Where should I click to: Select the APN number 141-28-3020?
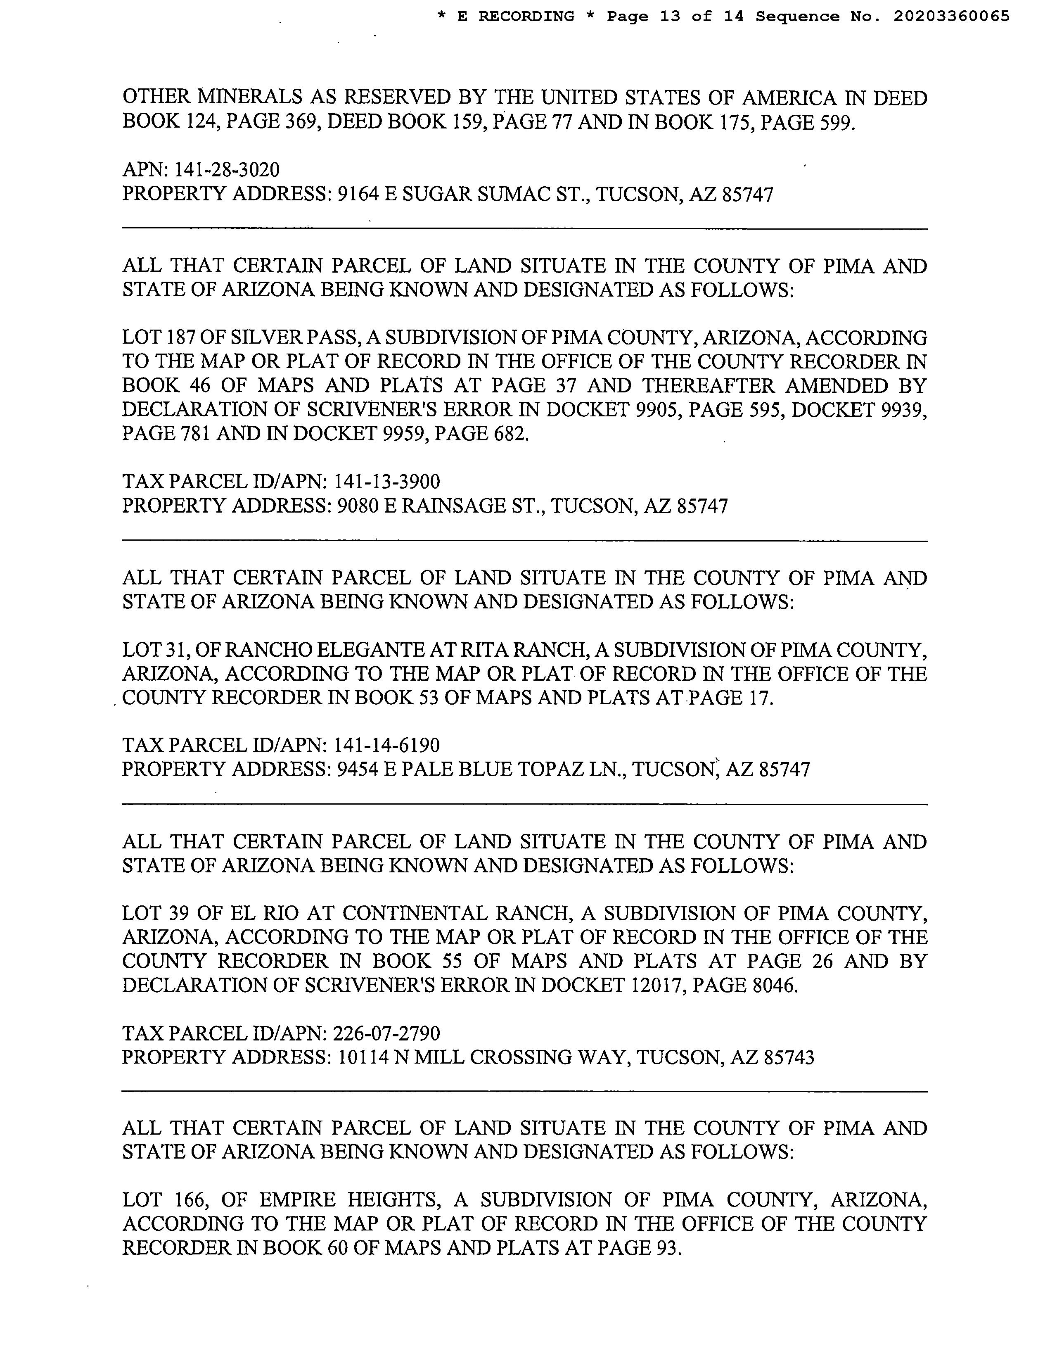click(227, 170)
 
